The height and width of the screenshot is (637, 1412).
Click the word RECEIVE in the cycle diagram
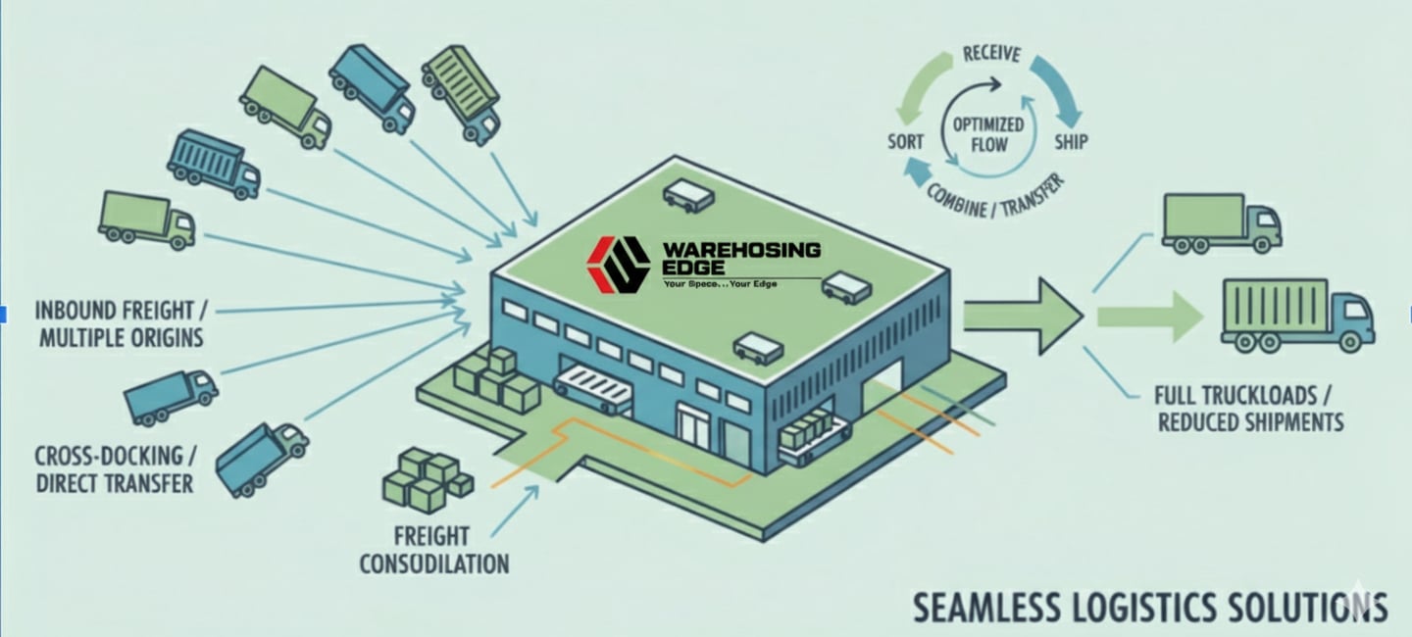[991, 54]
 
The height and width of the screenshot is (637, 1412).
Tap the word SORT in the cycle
[905, 141]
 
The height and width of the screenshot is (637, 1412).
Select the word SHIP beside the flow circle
[1070, 141]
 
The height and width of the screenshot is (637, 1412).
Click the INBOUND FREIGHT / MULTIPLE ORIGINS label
[121, 324]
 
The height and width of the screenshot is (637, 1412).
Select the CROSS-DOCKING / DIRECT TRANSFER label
[115, 469]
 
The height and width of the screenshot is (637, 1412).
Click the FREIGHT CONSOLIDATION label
[433, 550]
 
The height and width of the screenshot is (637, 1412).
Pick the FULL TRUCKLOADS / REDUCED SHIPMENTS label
[1249, 410]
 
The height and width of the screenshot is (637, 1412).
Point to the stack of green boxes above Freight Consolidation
[427, 480]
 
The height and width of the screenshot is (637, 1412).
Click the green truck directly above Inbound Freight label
[146, 220]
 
